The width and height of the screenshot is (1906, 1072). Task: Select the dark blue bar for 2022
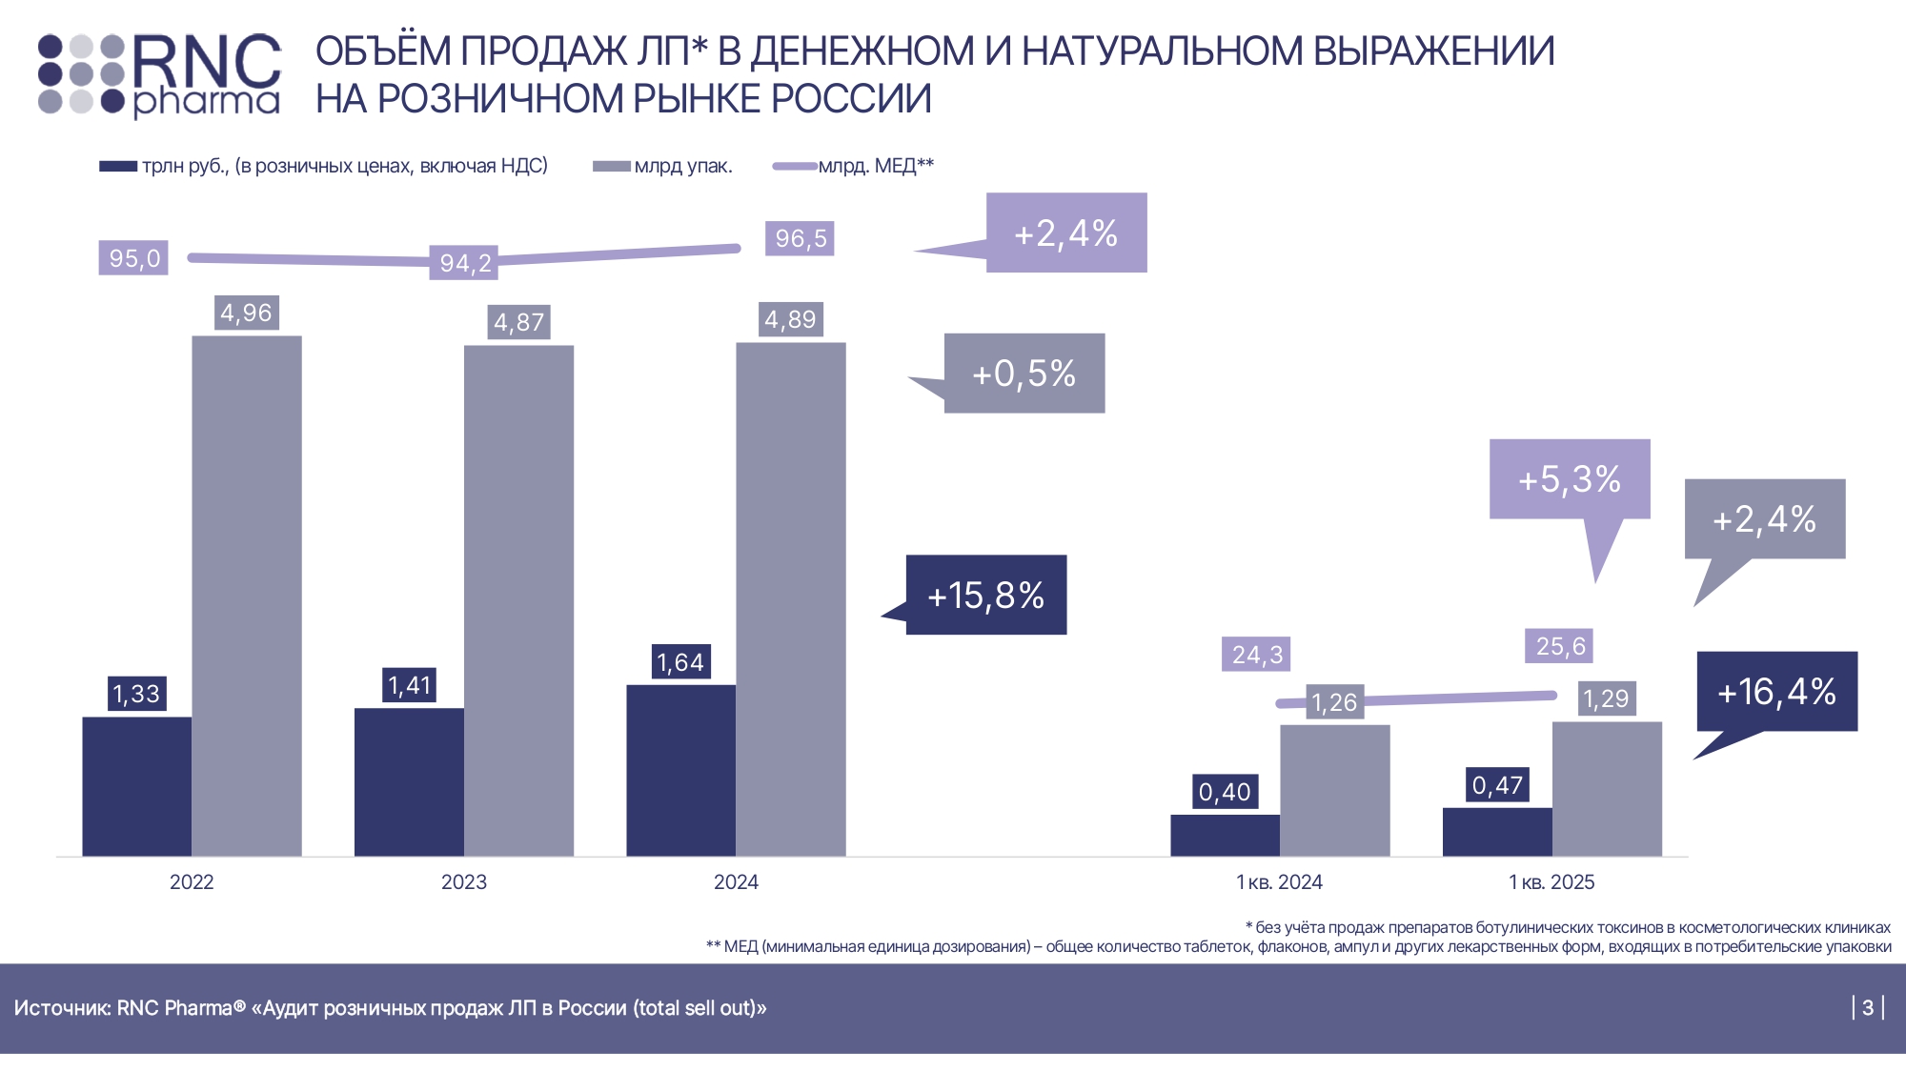[136, 785]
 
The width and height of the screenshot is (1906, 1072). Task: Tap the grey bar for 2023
[518, 600]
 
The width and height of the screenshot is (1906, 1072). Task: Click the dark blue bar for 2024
[680, 770]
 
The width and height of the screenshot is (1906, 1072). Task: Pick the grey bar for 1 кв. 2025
[1607, 788]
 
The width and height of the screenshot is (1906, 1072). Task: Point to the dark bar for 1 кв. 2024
[1225, 835]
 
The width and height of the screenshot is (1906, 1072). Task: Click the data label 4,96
[246, 313]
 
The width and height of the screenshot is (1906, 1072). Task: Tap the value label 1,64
[680, 662]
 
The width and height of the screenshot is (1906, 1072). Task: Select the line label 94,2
[465, 263]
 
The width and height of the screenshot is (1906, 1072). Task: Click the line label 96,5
[800, 238]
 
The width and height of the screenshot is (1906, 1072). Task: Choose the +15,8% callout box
[986, 596]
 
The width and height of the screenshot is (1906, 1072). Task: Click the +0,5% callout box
[1024, 374]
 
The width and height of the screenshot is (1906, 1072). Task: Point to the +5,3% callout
[1570, 479]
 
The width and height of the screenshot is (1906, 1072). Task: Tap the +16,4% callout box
[1777, 692]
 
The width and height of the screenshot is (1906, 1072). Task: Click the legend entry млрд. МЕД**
[875, 166]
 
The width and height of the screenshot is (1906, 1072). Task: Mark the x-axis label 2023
[464, 882]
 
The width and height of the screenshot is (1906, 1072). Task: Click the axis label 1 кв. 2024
[1279, 882]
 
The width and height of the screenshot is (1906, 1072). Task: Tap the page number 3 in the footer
[1868, 1007]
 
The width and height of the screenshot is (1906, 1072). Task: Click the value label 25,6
[1559, 646]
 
